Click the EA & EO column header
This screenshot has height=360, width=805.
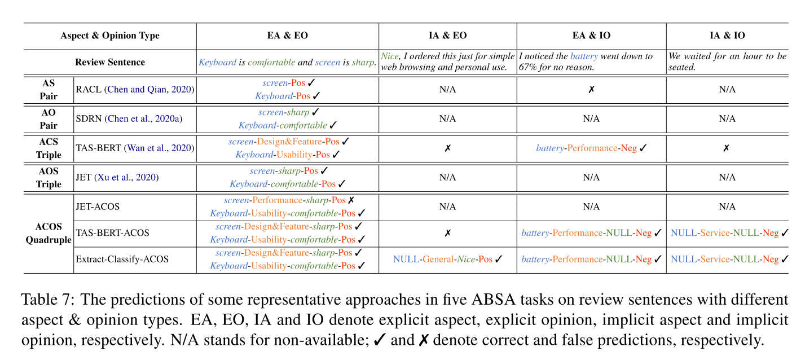(287, 36)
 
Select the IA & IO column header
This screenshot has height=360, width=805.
(727, 36)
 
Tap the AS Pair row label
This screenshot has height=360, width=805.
(49, 89)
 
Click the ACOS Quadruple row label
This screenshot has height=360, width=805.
(49, 233)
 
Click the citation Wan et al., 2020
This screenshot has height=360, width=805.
(166, 148)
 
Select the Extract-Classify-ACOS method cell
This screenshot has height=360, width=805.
(122, 260)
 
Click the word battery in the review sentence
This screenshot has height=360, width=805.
(583, 56)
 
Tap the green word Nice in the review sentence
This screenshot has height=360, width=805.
(390, 56)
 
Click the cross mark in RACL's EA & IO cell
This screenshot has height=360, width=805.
(591, 89)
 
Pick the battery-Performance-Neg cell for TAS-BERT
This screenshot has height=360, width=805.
(591, 148)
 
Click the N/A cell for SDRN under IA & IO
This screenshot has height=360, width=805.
(727, 118)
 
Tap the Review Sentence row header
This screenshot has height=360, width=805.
(110, 62)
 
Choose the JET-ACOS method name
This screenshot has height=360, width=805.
(97, 207)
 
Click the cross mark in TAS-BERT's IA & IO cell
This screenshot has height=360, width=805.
(727, 148)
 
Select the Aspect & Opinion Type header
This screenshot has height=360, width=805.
(110, 36)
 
